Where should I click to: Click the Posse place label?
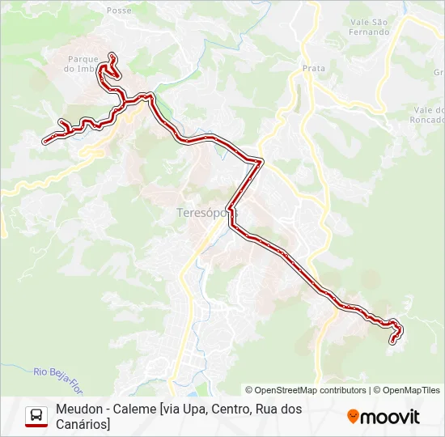point(119,11)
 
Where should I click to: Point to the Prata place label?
point(314,69)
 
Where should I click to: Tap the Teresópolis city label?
point(207,213)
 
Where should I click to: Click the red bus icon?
point(36,416)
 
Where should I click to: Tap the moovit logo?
point(384,417)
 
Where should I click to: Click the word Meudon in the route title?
point(79,409)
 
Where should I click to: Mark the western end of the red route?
point(45,141)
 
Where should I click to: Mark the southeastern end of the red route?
point(393,341)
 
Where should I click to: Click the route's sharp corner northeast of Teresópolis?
point(261,162)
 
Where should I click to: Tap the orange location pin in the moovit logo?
point(353,417)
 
